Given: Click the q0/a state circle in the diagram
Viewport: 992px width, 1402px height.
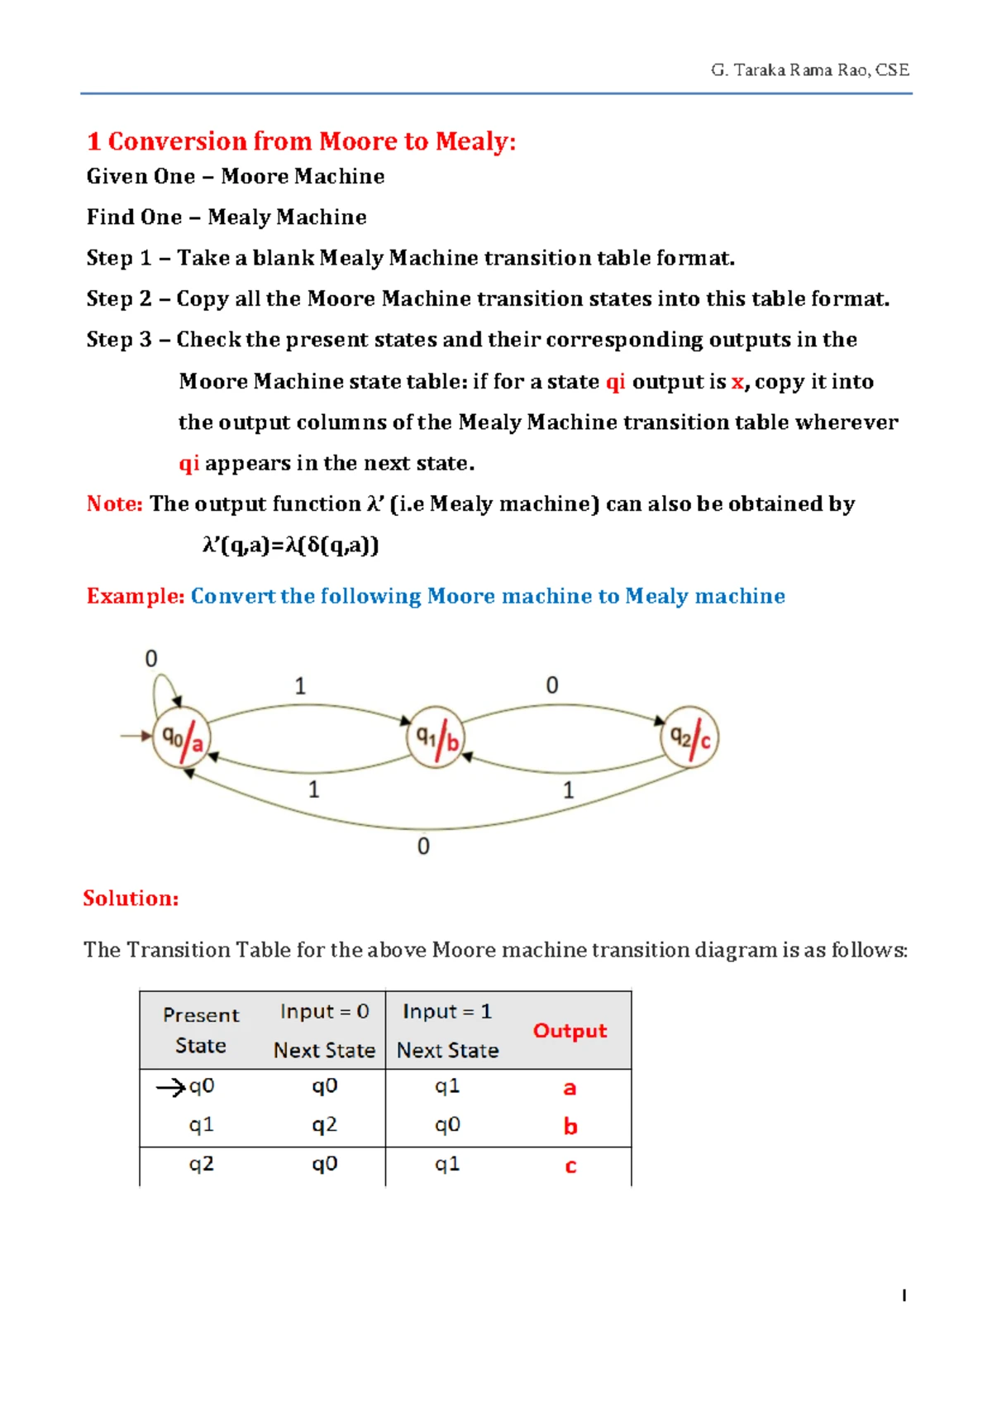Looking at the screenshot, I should tap(182, 738).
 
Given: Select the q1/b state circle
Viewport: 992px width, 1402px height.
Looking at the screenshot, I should tap(436, 737).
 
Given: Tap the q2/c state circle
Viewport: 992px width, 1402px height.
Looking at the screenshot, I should tap(689, 737).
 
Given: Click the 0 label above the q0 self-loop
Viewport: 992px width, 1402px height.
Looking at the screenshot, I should tap(151, 659).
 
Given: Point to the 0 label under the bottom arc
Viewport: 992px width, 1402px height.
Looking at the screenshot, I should tap(423, 846).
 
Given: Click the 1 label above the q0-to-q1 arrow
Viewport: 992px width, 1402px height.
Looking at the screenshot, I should tap(300, 686).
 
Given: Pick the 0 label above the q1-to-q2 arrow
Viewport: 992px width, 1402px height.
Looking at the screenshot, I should tap(551, 685).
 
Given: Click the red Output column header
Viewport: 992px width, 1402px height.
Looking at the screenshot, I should tap(570, 1031).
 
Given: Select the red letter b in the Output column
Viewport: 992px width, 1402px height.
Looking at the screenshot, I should tap(570, 1127).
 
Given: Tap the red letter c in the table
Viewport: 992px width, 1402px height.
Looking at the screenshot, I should tap(570, 1166).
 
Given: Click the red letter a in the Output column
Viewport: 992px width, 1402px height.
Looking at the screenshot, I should tap(570, 1088).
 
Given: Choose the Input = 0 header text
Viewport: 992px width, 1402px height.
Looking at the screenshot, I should tap(324, 1012).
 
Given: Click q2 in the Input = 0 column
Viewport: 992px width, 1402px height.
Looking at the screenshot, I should tap(324, 1125).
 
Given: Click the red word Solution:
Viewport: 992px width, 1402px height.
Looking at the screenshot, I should tap(131, 899).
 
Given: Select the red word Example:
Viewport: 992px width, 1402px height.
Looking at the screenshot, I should tap(136, 596).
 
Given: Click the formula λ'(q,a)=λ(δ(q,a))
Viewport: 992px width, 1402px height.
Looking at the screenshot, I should tap(290, 545).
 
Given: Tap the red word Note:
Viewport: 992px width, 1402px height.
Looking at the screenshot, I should tap(115, 504).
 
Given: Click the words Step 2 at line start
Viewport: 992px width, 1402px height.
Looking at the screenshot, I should tap(119, 298).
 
